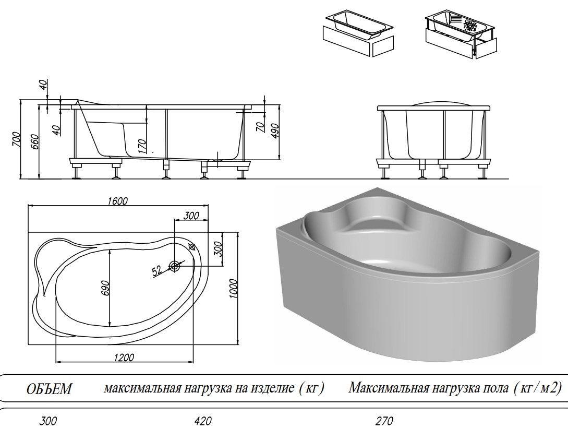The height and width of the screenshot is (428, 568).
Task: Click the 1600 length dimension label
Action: tap(118, 201)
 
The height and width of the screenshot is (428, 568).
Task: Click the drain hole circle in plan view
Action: tap(175, 267)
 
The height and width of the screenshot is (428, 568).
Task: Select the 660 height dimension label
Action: tap(34, 141)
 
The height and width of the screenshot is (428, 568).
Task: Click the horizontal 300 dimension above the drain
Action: tap(191, 216)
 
